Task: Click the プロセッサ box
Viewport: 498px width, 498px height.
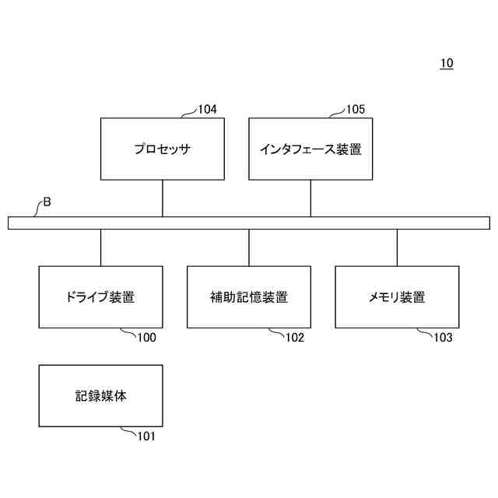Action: point(163,149)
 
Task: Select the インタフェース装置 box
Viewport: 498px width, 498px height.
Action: point(310,149)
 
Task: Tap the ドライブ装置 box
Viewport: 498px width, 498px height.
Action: point(100,296)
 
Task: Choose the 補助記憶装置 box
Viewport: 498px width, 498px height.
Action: point(249,296)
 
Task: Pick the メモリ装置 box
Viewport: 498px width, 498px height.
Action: point(397,296)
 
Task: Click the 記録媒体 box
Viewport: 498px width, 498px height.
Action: point(100,395)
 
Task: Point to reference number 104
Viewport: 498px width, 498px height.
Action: point(207,110)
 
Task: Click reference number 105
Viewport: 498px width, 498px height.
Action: point(355,110)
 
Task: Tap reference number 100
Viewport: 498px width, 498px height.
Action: point(146,338)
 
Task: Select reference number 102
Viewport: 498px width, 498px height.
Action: point(294,338)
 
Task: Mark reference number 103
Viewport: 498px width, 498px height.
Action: point(442,338)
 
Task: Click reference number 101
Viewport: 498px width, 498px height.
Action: point(146,437)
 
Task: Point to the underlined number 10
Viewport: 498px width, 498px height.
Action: point(446,63)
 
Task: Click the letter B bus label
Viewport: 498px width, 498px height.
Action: point(47,202)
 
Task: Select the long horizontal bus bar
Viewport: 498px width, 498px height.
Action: point(249,223)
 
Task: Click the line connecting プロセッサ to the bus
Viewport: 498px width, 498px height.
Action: point(163,198)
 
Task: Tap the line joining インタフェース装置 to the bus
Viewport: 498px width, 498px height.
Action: point(310,198)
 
